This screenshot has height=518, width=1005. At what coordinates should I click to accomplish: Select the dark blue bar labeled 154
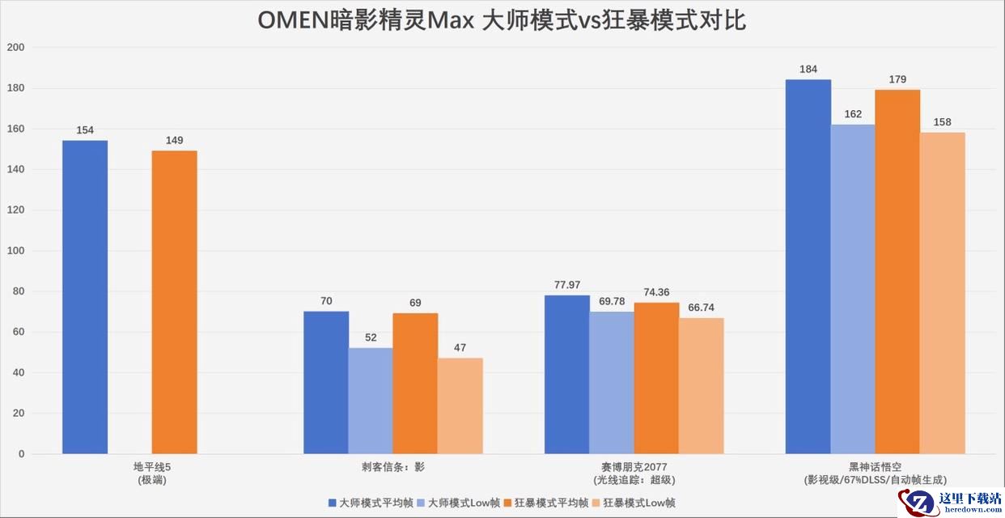point(85,297)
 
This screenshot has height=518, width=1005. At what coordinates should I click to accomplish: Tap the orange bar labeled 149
point(174,302)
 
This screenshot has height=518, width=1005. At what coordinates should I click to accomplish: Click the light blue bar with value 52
point(371,401)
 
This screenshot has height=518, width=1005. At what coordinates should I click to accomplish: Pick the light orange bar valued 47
point(460,405)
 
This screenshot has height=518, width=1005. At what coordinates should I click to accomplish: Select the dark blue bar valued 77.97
point(567,375)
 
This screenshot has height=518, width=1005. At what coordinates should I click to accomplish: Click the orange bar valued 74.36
point(656,378)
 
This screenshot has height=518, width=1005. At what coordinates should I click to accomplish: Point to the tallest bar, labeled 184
point(808,267)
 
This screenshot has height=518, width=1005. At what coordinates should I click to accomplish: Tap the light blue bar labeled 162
point(853,289)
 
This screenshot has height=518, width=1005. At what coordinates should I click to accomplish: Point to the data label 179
point(897,79)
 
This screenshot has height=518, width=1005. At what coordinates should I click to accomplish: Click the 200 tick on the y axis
point(15,48)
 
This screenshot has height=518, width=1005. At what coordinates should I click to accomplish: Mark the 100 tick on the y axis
point(15,251)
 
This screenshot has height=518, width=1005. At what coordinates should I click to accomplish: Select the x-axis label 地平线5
point(152,467)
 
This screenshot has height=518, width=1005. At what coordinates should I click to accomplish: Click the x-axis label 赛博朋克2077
point(634,467)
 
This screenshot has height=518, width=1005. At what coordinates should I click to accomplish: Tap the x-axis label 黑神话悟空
point(876,467)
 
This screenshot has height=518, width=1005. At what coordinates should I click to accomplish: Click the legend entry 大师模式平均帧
point(367,503)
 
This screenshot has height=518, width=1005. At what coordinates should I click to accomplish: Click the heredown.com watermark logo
point(952,503)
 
